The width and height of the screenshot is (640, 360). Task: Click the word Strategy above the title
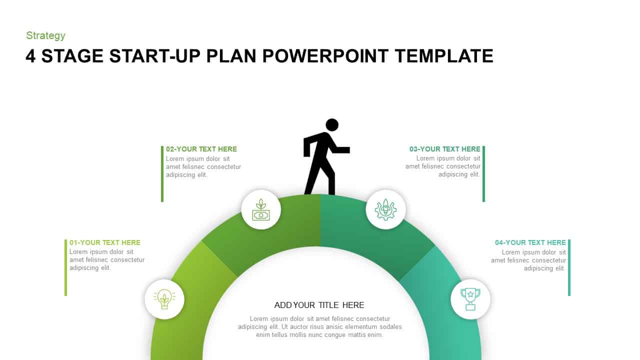(45, 35)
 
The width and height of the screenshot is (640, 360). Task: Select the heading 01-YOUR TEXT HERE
(105, 242)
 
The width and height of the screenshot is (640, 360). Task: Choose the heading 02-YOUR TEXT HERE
(201, 149)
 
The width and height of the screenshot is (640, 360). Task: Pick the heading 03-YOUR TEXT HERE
(444, 149)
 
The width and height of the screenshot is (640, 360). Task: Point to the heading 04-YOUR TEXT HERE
(530, 242)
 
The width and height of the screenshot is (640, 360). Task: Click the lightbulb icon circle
(164, 299)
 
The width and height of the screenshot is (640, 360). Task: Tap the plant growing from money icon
(260, 209)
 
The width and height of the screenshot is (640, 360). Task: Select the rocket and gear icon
(385, 209)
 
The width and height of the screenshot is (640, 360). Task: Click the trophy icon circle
(470, 299)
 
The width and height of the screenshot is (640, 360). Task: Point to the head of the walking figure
(332, 125)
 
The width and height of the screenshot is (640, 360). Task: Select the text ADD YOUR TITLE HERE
(319, 305)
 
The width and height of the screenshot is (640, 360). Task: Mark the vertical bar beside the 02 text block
(162, 173)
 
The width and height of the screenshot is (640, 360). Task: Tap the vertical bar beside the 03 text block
(483, 173)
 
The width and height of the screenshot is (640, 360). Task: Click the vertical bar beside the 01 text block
(66, 267)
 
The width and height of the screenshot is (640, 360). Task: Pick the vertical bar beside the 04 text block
(569, 267)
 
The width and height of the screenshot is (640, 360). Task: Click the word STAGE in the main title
(72, 56)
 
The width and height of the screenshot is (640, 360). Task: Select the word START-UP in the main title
(155, 56)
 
